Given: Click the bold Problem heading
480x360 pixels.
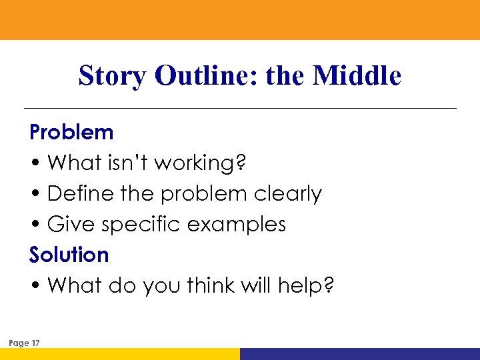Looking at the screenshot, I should [x=71, y=132].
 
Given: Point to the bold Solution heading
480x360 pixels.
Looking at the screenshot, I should [x=69, y=255].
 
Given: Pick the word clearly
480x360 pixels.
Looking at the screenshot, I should [x=288, y=193].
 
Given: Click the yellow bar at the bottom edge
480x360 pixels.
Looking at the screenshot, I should [x=120, y=354].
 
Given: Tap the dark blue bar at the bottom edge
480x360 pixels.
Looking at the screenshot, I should [x=360, y=354].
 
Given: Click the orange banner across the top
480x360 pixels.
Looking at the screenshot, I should [x=240, y=20].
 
